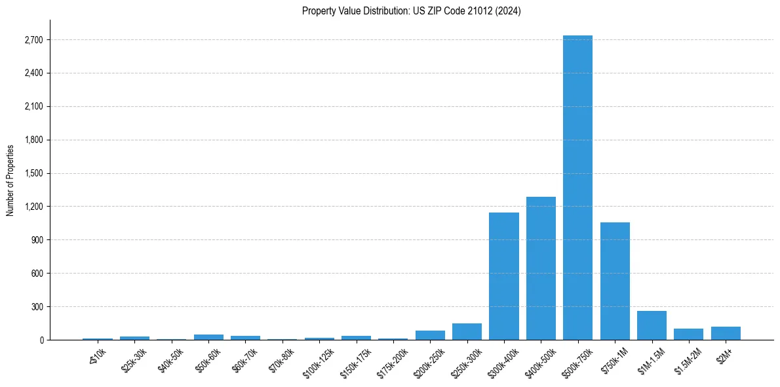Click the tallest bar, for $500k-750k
[577, 188]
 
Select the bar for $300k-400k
[503, 276]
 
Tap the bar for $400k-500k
[541, 268]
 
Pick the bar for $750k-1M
[615, 281]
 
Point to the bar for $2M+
[726, 333]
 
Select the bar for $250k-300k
[467, 332]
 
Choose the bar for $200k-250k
[430, 335]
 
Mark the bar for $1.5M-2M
[688, 335]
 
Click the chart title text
[411, 11]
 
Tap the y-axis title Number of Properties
[10, 180]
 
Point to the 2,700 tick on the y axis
[33, 40]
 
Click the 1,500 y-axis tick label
[33, 173]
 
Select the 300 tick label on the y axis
[37, 306]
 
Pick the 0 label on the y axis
[41, 340]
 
